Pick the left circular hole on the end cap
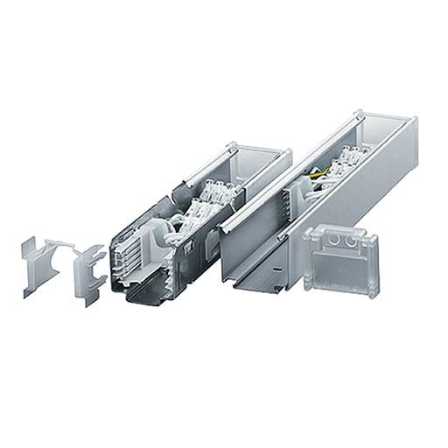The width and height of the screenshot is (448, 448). coord(338,237)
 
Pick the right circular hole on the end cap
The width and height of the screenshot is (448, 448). coord(353,237)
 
